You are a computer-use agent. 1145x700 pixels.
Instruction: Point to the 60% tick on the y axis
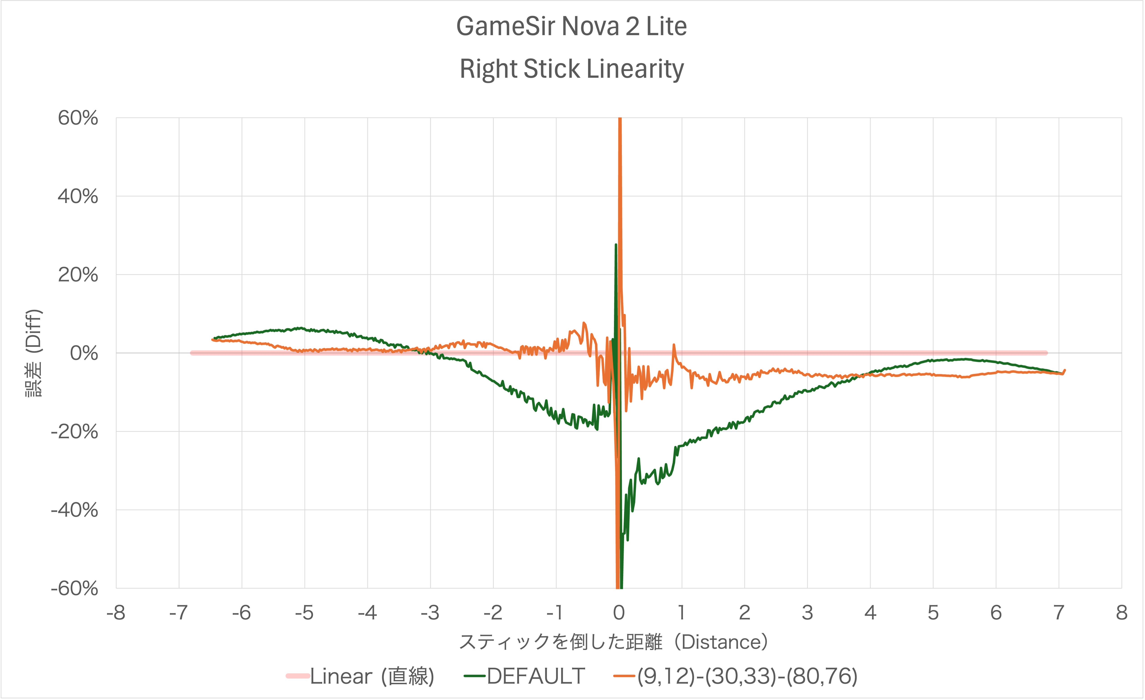[78, 118]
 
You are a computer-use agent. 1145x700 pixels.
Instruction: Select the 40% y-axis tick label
[78, 197]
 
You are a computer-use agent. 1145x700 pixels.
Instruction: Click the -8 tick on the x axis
[116, 613]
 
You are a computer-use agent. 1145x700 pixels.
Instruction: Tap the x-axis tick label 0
[619, 613]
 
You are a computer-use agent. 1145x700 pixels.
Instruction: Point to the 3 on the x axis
[808, 613]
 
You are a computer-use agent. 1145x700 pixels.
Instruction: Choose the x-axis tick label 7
[1059, 613]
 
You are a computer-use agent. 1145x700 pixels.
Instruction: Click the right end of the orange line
[1065, 370]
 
